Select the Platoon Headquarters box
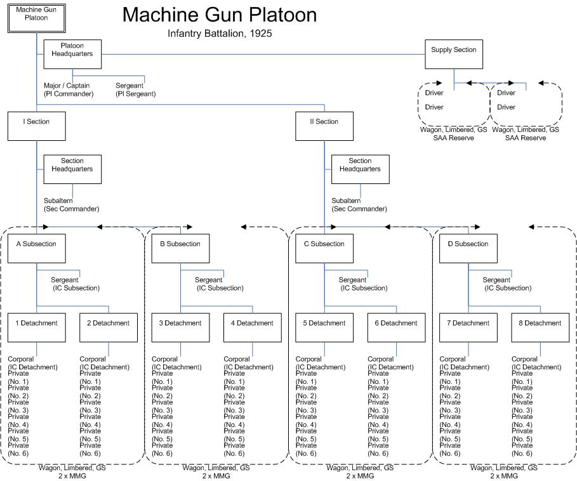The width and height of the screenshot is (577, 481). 72,54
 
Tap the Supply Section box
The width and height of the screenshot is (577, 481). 453,54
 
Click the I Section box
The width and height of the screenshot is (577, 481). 36,125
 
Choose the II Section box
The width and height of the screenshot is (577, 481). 324,125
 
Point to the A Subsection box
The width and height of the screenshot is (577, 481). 36,247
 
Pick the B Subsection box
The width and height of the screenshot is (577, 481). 180,247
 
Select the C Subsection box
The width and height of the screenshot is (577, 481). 324,247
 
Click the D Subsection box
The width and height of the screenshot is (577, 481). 468,247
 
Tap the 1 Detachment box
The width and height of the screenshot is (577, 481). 36,327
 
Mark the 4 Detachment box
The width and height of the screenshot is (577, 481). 252,327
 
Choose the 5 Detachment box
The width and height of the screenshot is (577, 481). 324,327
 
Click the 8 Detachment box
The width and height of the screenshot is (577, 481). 540,327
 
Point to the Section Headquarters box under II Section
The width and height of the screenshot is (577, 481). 360,169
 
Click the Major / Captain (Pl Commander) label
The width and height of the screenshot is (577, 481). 68,89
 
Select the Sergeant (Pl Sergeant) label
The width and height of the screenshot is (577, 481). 135,89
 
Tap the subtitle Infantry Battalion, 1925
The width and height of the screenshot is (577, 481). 220,34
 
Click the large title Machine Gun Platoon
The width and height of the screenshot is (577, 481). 220,14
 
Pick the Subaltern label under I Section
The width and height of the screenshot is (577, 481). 71,204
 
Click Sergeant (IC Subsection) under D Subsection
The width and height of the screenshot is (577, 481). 506,284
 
